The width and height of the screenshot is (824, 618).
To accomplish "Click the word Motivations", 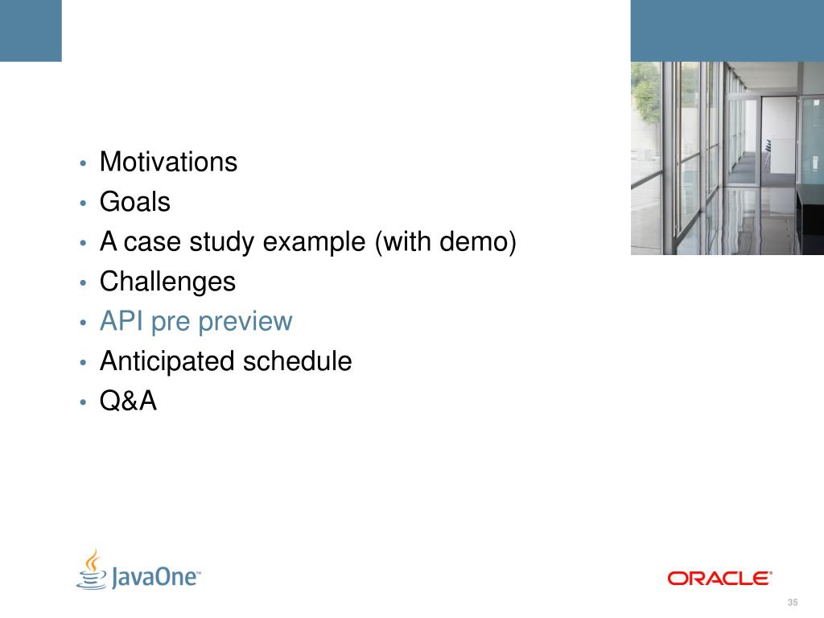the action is (168, 162).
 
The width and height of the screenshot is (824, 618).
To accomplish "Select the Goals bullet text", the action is (135, 202).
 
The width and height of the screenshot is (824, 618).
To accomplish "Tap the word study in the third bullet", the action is (223, 243).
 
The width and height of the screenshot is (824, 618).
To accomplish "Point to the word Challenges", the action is (167, 282).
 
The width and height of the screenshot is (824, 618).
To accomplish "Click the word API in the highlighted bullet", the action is (122, 321).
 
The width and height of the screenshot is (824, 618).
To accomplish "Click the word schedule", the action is (298, 361).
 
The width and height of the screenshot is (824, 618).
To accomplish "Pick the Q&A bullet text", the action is (128, 401).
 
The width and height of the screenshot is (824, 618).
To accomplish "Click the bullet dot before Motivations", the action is (83, 163).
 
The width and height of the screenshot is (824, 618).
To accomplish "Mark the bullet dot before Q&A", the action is (83, 402).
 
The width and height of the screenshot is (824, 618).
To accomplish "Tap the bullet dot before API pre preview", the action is (83, 323).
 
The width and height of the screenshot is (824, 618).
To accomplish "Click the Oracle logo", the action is (719, 578).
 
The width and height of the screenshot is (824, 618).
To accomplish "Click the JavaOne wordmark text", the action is (155, 577).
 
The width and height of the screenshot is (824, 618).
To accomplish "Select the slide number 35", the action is (793, 602).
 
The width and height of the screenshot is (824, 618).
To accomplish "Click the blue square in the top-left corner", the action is (31, 31).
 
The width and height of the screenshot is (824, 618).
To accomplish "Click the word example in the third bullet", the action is (314, 243).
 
